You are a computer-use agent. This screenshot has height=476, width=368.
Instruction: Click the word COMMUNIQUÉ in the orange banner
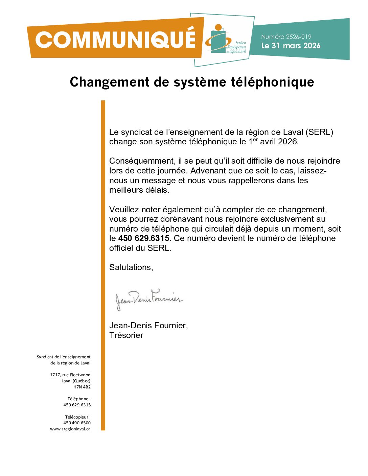[x=115, y=39]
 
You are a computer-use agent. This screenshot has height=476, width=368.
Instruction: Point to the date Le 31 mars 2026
[x=291, y=46]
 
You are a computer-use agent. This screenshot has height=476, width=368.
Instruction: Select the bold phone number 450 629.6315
[x=144, y=238]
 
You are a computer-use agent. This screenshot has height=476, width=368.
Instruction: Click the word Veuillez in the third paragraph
[x=124, y=210]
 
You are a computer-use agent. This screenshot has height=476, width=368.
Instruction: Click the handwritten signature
[x=148, y=299]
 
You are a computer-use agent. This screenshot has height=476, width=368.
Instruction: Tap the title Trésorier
[x=126, y=335]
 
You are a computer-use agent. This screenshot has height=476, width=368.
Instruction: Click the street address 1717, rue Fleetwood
[x=70, y=375]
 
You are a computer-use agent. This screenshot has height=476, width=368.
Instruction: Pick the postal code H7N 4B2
[x=82, y=387]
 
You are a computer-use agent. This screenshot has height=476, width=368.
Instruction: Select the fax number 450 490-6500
[x=77, y=423]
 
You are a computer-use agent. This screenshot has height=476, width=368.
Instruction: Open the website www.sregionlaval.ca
[x=70, y=429]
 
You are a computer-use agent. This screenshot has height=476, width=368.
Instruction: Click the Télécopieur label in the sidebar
[x=77, y=417]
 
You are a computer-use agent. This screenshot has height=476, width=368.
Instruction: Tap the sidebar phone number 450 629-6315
[x=77, y=405]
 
